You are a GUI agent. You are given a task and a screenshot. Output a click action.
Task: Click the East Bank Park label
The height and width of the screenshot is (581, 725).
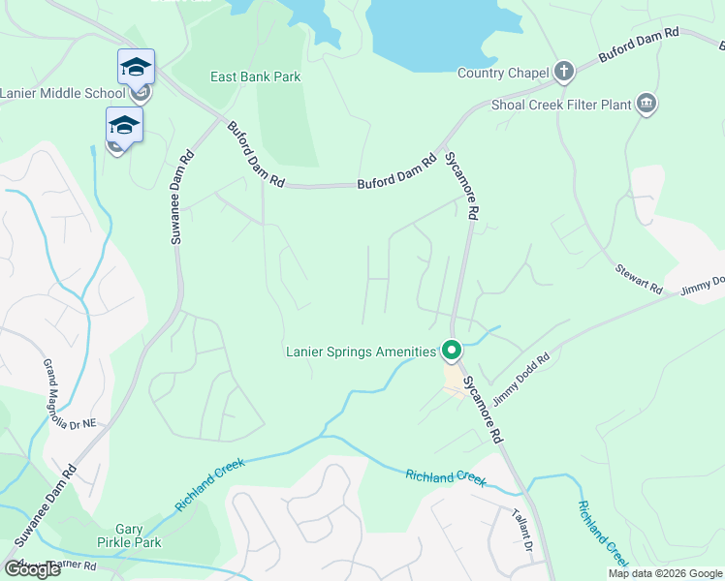pyautogui.click(x=256, y=76)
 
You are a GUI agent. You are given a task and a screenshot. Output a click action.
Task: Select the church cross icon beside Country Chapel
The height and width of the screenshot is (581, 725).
pyautogui.click(x=564, y=71)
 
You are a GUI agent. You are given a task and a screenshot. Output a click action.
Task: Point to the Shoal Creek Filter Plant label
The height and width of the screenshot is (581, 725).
pyautogui.click(x=560, y=105)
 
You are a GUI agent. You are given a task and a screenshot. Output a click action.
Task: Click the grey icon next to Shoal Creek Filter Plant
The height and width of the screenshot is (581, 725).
pyautogui.click(x=646, y=105)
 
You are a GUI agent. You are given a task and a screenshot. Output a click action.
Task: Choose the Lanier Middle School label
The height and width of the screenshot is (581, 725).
pyautogui.click(x=62, y=93)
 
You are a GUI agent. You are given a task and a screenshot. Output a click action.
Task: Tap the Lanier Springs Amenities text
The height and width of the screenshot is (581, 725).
pyautogui.click(x=361, y=352)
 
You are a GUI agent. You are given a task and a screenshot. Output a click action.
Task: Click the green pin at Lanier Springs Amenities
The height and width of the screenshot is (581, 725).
pyautogui.click(x=451, y=350)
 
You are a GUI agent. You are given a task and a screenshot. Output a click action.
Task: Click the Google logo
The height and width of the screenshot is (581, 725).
pyautogui.click(x=32, y=569)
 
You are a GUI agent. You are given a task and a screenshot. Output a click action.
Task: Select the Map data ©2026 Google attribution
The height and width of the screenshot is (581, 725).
pyautogui.click(x=665, y=573)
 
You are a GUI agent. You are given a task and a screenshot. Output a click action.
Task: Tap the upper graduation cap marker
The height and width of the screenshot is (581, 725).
pyautogui.click(x=136, y=68)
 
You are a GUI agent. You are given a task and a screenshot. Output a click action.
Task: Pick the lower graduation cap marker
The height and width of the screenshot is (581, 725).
pyautogui.click(x=124, y=125)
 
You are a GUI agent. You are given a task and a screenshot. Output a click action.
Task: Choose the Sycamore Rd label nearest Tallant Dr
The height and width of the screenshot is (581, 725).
pyautogui.click(x=483, y=411)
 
